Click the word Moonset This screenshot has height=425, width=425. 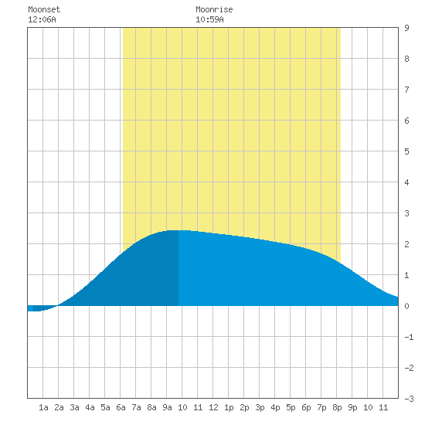click(44, 9)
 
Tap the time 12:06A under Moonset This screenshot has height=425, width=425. click(42, 19)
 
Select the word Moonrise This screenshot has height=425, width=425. click(214, 9)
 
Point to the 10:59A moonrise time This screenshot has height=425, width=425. click(209, 19)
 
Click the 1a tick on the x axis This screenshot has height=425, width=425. click(43, 407)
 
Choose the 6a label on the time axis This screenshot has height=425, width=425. click(121, 407)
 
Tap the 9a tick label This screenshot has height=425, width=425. click(167, 407)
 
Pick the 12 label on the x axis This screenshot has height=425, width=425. click(213, 407)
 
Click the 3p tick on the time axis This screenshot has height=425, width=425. click(260, 407)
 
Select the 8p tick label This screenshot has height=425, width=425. click(337, 407)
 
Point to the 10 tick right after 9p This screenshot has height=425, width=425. click(368, 407)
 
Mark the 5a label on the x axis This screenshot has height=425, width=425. click(105, 407)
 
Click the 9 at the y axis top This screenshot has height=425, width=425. click(406, 28)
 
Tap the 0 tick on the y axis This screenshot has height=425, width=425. click(406, 306)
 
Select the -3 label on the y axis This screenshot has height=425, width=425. click(409, 399)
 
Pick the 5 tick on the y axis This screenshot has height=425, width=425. click(406, 151)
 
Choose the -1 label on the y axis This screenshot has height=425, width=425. click(409, 337)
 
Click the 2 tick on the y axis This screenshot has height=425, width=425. click(406, 244)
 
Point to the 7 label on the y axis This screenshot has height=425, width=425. click(406, 90)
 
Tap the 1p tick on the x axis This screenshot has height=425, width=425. click(229, 407)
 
